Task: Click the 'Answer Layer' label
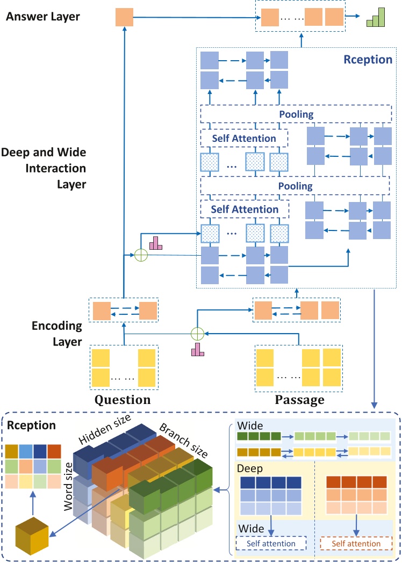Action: (43, 17)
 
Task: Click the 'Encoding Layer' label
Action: (56, 333)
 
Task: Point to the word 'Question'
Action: (123, 400)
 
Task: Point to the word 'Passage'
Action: (299, 400)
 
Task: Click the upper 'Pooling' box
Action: (296, 114)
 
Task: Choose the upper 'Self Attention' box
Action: (245, 138)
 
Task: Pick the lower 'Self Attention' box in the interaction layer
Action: (245, 210)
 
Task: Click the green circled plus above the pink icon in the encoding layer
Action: (198, 333)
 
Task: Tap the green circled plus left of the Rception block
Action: (141, 256)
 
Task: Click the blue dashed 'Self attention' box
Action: (271, 543)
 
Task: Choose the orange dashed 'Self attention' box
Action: (356, 543)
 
